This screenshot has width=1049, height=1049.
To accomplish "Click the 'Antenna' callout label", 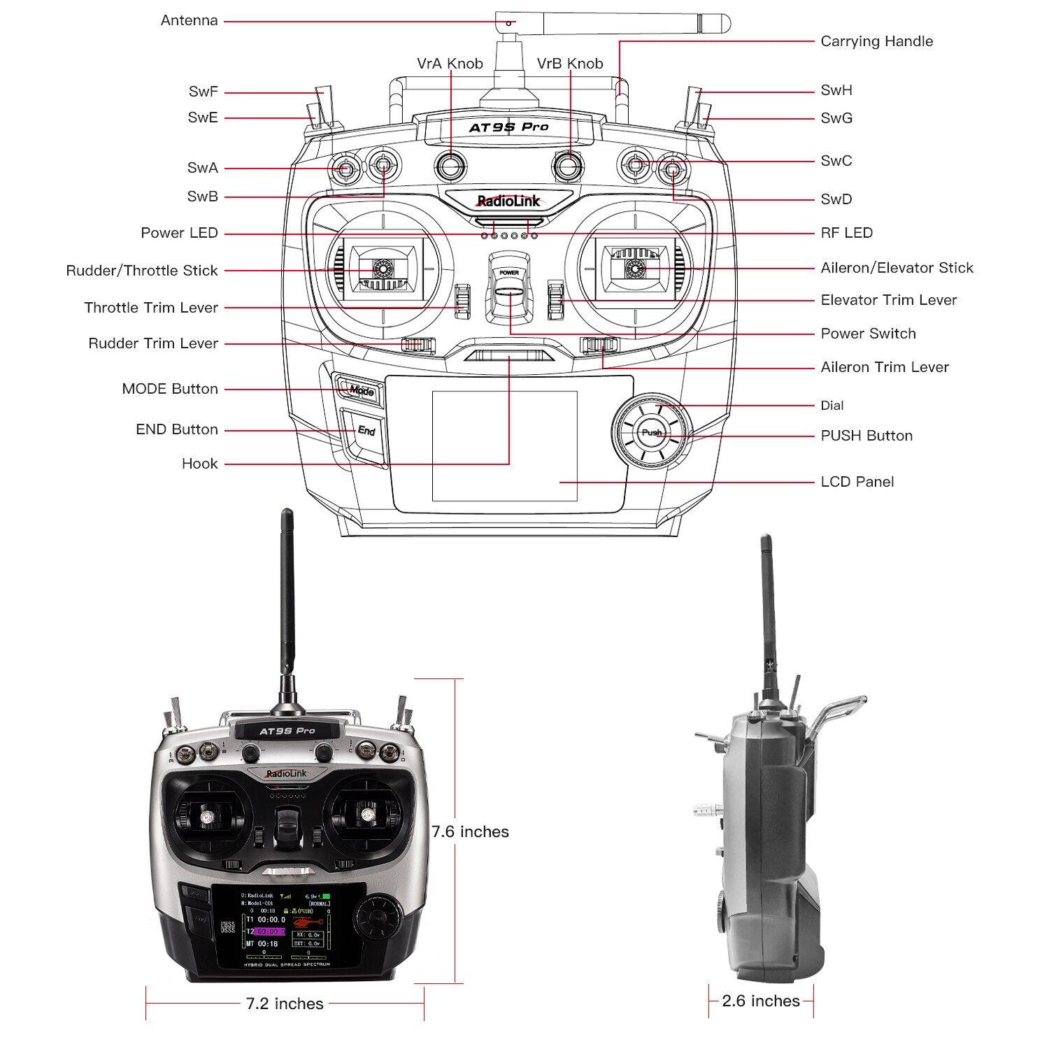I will [x=189, y=20].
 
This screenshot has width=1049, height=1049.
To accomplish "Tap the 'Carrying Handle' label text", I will [x=876, y=41].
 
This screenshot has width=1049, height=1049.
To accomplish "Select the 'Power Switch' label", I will [x=868, y=334].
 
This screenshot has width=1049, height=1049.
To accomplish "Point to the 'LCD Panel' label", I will [x=857, y=482].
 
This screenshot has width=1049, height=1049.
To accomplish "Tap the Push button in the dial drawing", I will [x=652, y=433].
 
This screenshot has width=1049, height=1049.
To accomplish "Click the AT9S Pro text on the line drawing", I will [x=508, y=127].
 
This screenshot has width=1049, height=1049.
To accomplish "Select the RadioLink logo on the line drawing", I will [x=508, y=201].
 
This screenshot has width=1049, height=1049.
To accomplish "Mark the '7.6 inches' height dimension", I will [x=470, y=832].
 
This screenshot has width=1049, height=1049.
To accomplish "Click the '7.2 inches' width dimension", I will [x=285, y=1004].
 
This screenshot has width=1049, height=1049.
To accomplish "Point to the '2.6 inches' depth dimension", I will [x=760, y=1001].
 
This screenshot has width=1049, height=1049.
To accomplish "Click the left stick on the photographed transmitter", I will [x=207, y=818].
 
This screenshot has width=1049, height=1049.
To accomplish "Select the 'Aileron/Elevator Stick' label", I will [x=897, y=268].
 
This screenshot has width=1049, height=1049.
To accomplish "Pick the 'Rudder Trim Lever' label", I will [x=153, y=343].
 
